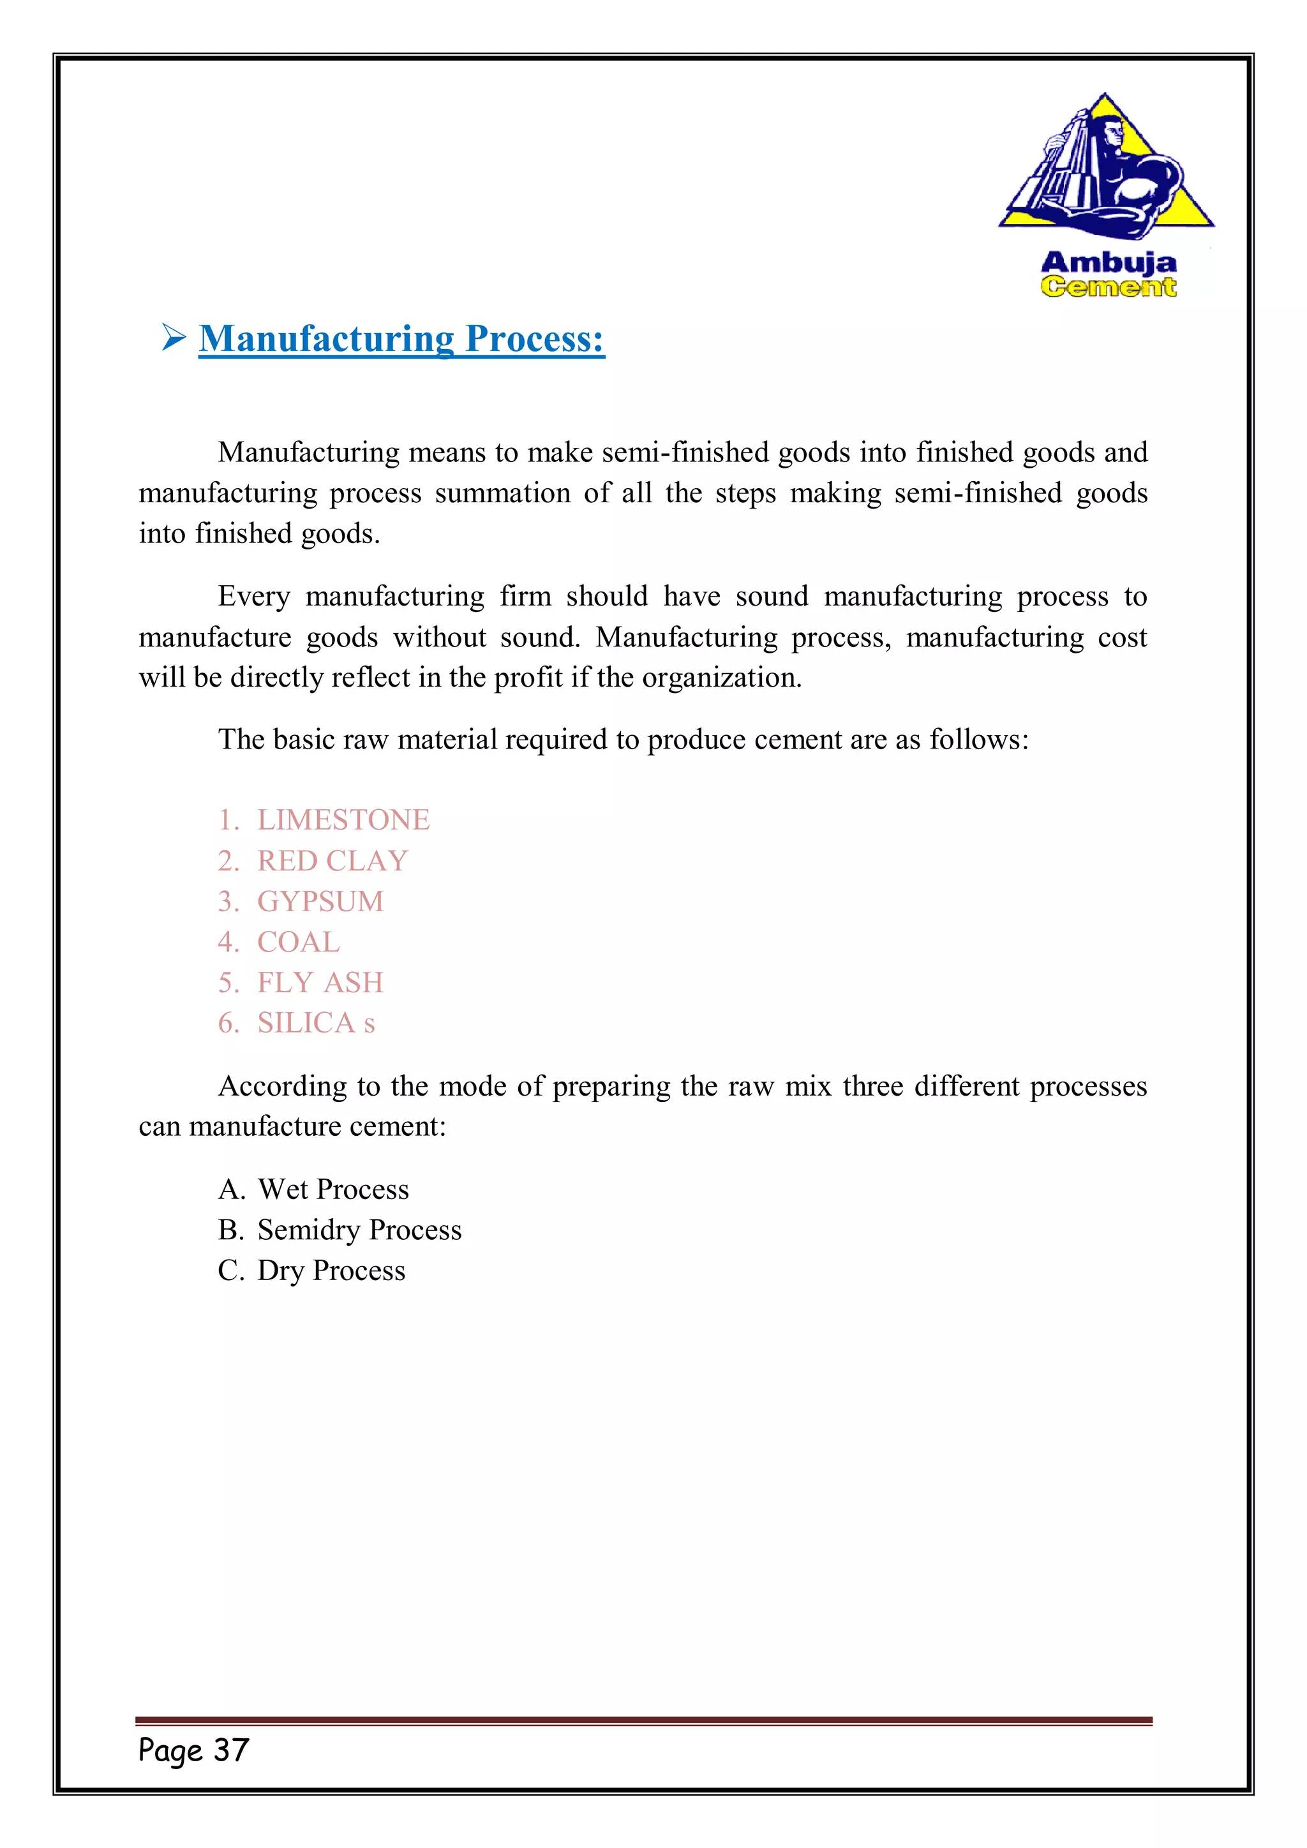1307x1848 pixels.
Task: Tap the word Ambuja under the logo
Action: pos(1109,262)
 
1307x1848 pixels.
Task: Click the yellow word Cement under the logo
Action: pos(1109,287)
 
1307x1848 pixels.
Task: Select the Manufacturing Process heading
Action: pos(401,339)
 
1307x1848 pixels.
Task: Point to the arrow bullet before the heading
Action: pos(173,337)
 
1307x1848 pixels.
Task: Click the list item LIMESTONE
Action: pos(343,820)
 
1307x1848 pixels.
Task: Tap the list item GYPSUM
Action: pos(320,902)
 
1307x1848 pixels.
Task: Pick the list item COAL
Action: pos(299,942)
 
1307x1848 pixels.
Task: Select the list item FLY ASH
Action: pos(320,983)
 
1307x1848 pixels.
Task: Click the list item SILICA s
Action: pos(315,1023)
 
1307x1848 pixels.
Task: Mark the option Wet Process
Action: pos(333,1189)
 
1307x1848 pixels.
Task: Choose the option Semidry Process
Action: pos(359,1230)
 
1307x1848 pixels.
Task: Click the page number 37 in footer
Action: pos(231,1750)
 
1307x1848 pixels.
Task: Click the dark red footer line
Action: pos(644,1721)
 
